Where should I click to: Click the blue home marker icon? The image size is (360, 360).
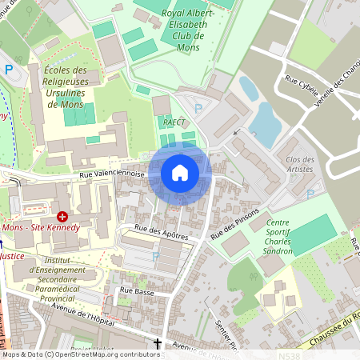coord(180,173)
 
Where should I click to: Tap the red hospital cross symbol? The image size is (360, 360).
coord(62,216)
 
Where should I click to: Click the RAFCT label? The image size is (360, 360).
coord(174,122)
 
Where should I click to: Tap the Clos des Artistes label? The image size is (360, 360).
coord(300,164)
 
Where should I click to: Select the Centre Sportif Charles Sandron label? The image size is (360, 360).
coord(277,236)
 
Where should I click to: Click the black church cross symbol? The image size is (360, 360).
coord(158,345)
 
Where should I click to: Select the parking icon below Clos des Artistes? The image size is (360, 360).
coord(310,194)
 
